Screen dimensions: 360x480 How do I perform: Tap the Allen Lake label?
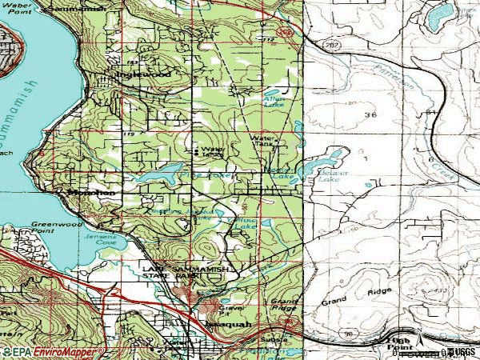(274, 102)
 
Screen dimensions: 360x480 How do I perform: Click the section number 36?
(370, 115)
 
